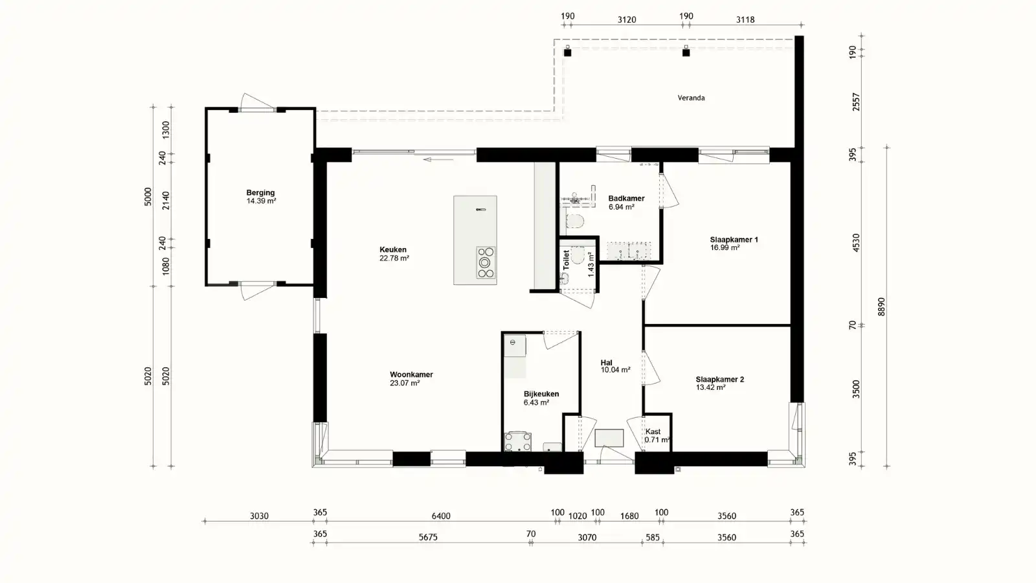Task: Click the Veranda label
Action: click(x=691, y=98)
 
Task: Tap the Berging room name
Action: click(x=260, y=192)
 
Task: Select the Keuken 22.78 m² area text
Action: click(x=394, y=258)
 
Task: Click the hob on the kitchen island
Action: click(x=486, y=262)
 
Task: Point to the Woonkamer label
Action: click(x=411, y=374)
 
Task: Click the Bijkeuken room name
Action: click(x=541, y=394)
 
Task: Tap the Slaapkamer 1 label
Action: click(x=734, y=240)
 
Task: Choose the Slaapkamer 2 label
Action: click(x=719, y=380)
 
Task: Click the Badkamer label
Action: click(x=626, y=198)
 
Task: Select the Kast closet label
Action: click(x=653, y=431)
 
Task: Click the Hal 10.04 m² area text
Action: click(x=616, y=370)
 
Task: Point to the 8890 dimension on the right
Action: click(x=881, y=307)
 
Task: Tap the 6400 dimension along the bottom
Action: click(x=441, y=516)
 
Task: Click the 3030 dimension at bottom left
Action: click(x=259, y=516)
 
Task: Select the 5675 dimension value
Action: click(x=428, y=537)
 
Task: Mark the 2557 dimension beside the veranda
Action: click(x=856, y=102)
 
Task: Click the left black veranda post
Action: click(x=567, y=52)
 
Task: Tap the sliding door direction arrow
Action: click(x=438, y=159)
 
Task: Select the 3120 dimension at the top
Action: click(x=627, y=20)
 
